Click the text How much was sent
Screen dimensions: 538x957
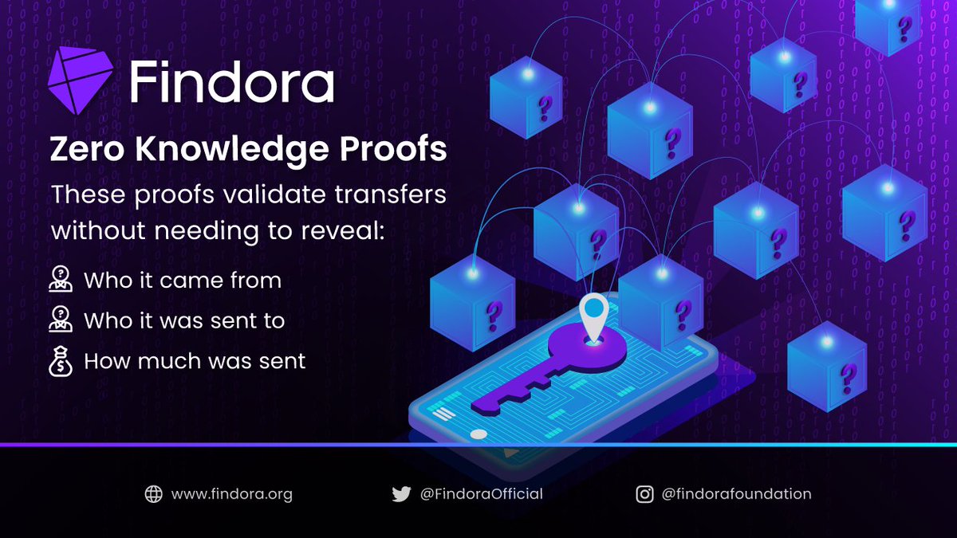click(x=195, y=361)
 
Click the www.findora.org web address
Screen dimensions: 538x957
click(x=232, y=494)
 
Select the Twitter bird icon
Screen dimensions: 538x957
click(x=401, y=494)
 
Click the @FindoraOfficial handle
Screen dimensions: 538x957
click(x=481, y=494)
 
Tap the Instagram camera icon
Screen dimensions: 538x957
click(x=645, y=494)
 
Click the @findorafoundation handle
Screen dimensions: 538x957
click(x=736, y=494)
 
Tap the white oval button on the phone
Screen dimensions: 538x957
click(x=478, y=434)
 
